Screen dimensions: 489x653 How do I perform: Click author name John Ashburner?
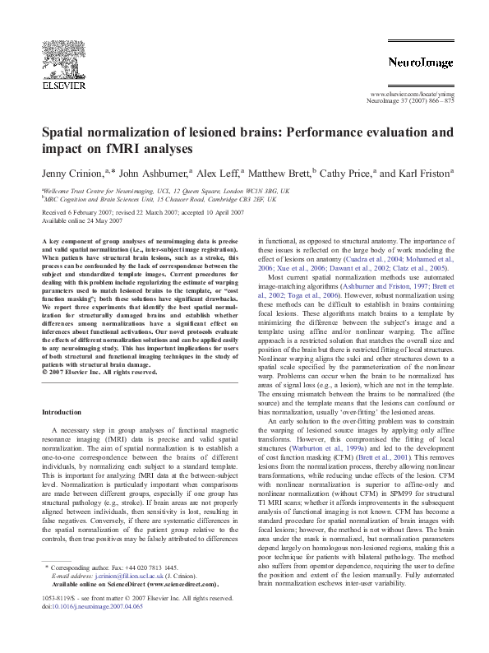coord(153,174)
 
